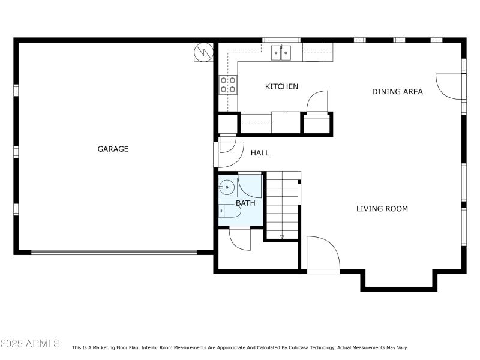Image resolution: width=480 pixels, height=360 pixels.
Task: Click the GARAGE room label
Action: pyautogui.click(x=113, y=149)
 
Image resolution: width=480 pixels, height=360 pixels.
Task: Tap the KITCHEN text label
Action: pyautogui.click(x=281, y=87)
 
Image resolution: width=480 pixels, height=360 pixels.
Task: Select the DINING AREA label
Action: pyautogui.click(x=397, y=92)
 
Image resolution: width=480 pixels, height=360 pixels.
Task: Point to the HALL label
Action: pyautogui.click(x=260, y=153)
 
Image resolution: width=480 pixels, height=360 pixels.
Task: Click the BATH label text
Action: pyautogui.click(x=245, y=203)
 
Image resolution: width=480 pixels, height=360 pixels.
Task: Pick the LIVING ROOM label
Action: pyautogui.click(x=382, y=209)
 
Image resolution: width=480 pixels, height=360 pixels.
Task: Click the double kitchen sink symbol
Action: pyautogui.click(x=281, y=53)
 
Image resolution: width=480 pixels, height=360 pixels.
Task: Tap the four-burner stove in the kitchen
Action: pyautogui.click(x=227, y=84)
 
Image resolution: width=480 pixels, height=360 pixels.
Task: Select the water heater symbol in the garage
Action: pyautogui.click(x=203, y=52)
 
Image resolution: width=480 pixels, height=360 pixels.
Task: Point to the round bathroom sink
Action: pyautogui.click(x=226, y=187)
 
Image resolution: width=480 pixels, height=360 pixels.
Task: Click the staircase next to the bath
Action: pyautogui.click(x=282, y=204)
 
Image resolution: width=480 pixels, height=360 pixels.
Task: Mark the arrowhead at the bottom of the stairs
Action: pyautogui.click(x=282, y=237)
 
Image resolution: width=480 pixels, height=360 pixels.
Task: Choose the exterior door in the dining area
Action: pyautogui.click(x=451, y=86)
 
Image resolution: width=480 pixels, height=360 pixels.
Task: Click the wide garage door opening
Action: pyautogui.click(x=114, y=253)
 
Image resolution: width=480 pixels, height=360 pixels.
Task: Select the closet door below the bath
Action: pyautogui.click(x=240, y=239)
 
